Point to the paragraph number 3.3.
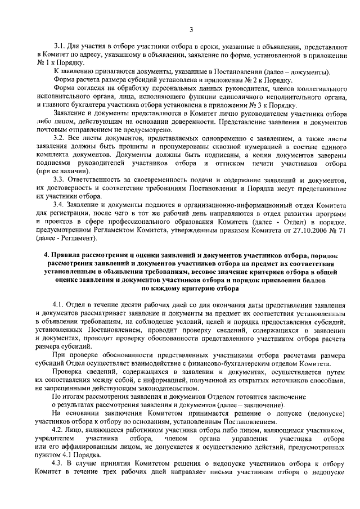click(x=59, y=179)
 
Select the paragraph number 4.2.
click(x=59, y=429)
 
